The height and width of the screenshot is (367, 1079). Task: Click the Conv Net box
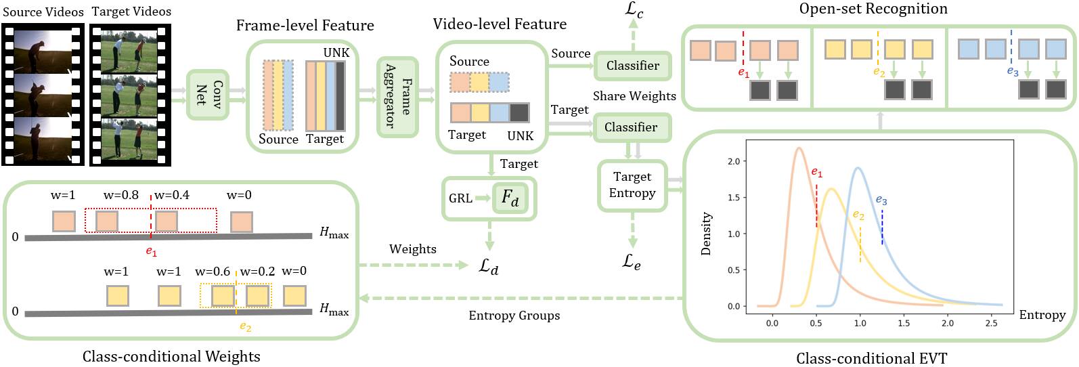pos(208,95)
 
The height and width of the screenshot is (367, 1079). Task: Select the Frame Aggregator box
pos(397,97)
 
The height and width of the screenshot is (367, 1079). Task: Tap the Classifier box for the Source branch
pos(632,66)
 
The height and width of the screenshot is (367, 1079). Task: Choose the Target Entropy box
pos(632,186)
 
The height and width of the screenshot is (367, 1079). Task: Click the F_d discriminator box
pos(510,198)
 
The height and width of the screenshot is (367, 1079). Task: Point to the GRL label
pos(460,198)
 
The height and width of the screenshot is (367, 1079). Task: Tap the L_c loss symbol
pos(634,11)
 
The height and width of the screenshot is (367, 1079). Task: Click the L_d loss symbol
pos(489,266)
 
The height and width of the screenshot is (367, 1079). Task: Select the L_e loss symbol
pos(632,262)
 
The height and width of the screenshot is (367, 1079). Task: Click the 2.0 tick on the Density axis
pos(734,161)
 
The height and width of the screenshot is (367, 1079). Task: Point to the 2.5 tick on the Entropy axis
pos(991,323)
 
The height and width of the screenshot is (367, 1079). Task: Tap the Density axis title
pos(706,234)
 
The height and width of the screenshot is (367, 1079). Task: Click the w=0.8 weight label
pos(121,195)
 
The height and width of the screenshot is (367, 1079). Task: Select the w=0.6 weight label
pos(213,271)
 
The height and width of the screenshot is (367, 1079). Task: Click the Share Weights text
pos(634,96)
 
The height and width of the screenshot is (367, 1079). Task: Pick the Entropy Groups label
pos(514,316)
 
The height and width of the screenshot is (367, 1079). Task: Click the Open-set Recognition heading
pos(873,9)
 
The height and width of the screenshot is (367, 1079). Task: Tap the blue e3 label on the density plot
pos(881,200)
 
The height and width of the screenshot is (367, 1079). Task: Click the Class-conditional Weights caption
pos(171,356)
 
